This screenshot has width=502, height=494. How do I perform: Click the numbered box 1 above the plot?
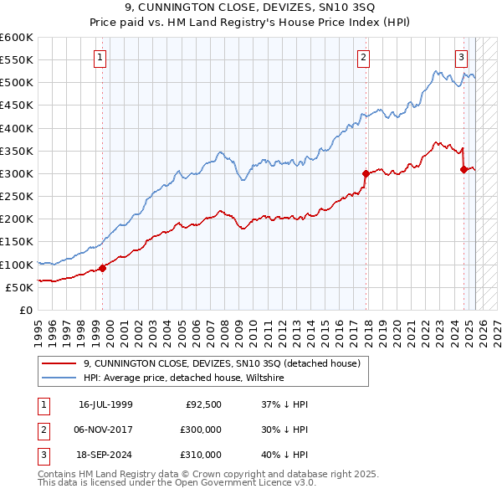(x=100, y=58)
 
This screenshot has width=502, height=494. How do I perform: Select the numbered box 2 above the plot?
(x=364, y=58)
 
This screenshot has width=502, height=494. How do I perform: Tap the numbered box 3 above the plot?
(x=461, y=58)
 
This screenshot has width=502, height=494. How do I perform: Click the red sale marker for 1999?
(x=103, y=268)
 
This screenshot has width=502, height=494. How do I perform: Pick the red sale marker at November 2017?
(x=366, y=174)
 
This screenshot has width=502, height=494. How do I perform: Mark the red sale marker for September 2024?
(x=464, y=169)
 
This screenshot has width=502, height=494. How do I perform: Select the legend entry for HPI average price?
(x=184, y=378)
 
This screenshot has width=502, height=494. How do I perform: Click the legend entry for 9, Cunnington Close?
(x=222, y=363)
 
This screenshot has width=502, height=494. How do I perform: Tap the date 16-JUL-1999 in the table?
(x=105, y=404)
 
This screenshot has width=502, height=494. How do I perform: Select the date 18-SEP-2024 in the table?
(x=105, y=455)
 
